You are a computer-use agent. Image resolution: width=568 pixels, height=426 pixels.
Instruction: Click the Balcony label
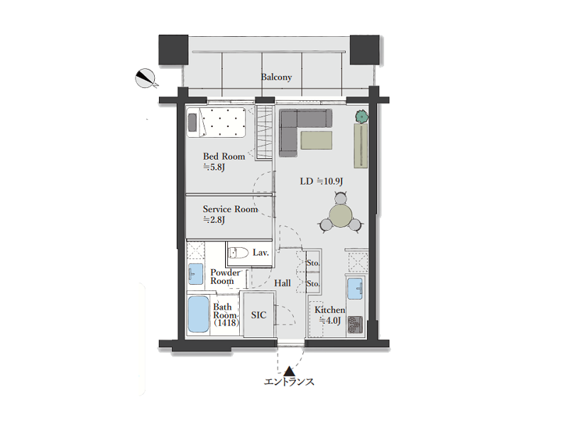click(x=276, y=77)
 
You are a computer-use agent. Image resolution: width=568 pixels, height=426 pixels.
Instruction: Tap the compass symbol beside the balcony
click(x=146, y=79)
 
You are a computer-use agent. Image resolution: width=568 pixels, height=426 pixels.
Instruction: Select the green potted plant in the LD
click(x=361, y=116)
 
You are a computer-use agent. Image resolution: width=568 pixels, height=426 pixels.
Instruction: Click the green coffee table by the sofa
click(x=316, y=140)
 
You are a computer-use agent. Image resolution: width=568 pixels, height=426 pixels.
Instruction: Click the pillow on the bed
click(x=192, y=122)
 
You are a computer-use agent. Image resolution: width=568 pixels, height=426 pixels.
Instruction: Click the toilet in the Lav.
click(x=239, y=252)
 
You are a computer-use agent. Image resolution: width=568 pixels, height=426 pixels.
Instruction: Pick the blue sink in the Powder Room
click(x=196, y=274)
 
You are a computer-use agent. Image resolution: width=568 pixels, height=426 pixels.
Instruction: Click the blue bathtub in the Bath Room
click(x=199, y=314)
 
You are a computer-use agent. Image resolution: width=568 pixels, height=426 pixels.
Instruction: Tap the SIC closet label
click(x=258, y=315)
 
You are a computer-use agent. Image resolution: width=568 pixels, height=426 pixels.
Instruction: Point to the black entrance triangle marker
click(x=289, y=371)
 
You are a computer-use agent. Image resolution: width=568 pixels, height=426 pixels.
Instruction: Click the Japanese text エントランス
click(x=289, y=382)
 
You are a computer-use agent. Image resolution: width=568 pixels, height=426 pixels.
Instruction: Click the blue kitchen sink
click(x=354, y=289)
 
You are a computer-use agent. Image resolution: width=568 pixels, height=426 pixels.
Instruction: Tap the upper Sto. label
click(x=313, y=263)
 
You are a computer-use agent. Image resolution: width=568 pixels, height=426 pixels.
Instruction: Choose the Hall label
click(x=282, y=283)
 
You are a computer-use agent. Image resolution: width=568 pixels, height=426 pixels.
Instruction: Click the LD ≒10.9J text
click(x=322, y=181)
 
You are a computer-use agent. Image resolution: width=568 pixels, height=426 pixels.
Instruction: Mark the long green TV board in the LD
click(x=361, y=146)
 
